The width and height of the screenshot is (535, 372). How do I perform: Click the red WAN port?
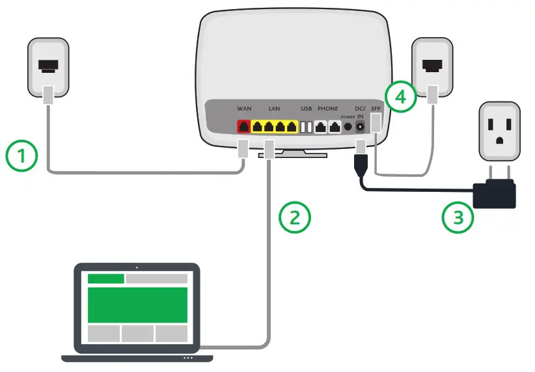point(244,127)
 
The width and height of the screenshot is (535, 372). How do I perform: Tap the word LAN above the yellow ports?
point(274,108)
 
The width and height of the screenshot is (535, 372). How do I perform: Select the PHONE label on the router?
point(327,108)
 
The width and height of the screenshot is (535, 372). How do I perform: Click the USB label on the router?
point(306,108)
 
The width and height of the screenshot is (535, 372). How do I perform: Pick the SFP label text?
point(376,108)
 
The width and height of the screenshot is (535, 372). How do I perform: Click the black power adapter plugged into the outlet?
point(495,194)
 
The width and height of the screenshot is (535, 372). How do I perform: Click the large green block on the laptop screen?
point(137,304)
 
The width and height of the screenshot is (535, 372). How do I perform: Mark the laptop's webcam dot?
point(137,267)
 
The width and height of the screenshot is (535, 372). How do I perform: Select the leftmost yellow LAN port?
point(258,127)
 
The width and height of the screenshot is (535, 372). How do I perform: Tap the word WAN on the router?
point(244,108)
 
